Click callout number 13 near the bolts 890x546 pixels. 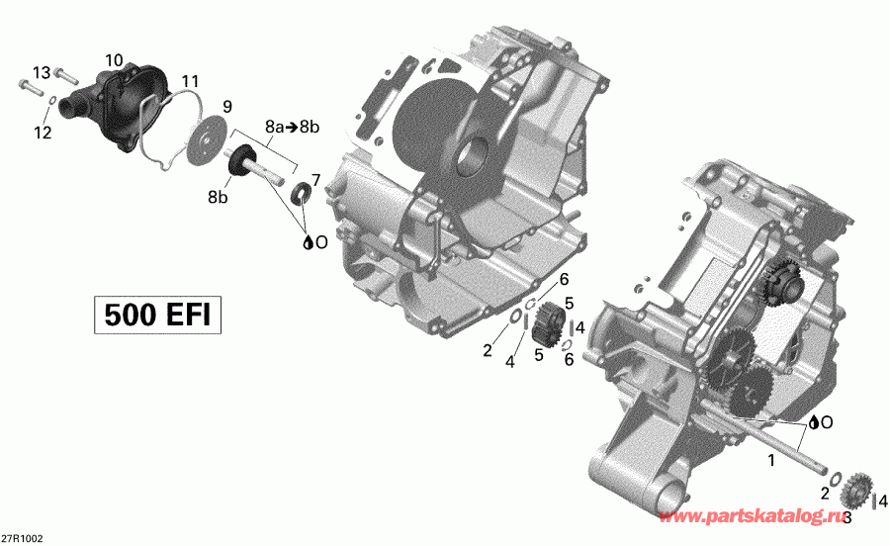tap(41, 72)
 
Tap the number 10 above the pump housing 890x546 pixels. tap(114, 61)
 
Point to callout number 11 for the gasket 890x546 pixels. tap(190, 80)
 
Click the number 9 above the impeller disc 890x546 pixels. tap(226, 106)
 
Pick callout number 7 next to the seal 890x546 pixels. tap(315, 179)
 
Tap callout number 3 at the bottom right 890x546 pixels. tap(847, 516)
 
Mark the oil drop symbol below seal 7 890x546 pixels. tap(309, 241)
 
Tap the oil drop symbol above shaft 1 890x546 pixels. tap(813, 422)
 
